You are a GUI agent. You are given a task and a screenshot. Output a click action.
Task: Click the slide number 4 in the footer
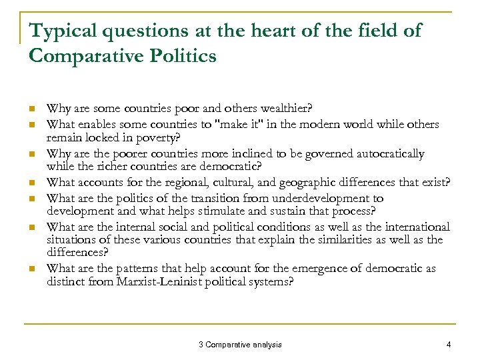[x=449, y=345]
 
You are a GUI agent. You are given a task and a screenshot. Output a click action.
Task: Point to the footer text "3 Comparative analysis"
[x=240, y=345]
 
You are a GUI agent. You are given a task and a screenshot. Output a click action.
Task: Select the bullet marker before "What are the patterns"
[x=32, y=269]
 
